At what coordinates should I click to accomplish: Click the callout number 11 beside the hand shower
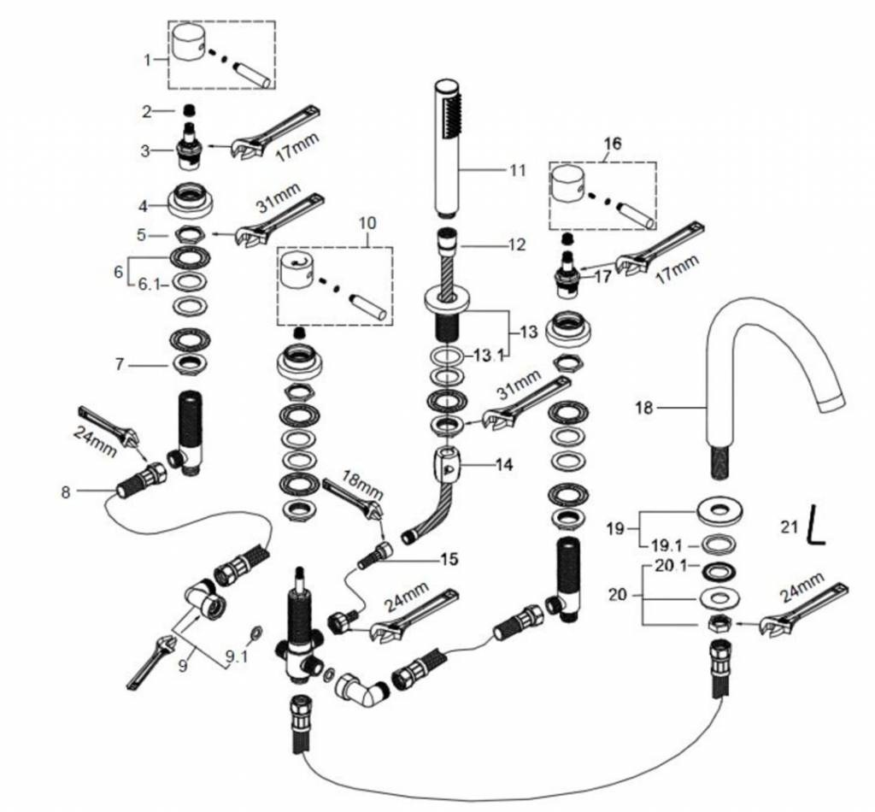(x=518, y=170)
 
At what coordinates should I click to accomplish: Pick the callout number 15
(x=448, y=560)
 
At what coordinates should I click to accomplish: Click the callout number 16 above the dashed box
(x=613, y=143)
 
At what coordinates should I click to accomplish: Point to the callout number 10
(x=367, y=222)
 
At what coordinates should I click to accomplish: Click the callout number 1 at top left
(x=147, y=60)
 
